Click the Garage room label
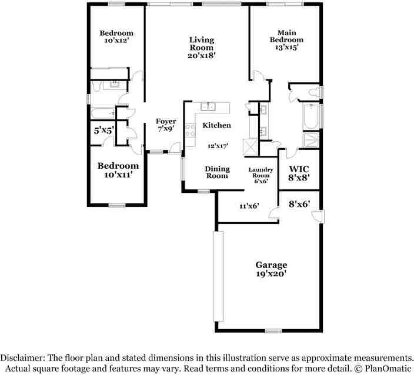coord(271,265)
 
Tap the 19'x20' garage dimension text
coord(271,274)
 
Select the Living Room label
coord(202,44)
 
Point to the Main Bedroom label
coord(286,36)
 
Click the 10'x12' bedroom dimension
coord(116,41)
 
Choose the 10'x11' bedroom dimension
coord(118,175)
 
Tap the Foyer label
coord(166,121)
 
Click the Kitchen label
coord(216,125)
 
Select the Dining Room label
coord(218,172)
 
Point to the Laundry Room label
coord(261,173)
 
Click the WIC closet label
coord(299,169)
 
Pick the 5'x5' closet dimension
coord(104,130)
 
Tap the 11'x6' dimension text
coord(249,206)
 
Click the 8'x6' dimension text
coord(299,204)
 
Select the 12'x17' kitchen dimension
coord(218,146)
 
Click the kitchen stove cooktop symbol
coord(190,130)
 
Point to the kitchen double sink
coord(208,106)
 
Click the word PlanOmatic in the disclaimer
coord(388,368)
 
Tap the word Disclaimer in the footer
coord(22,358)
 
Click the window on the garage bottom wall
coord(273,331)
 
